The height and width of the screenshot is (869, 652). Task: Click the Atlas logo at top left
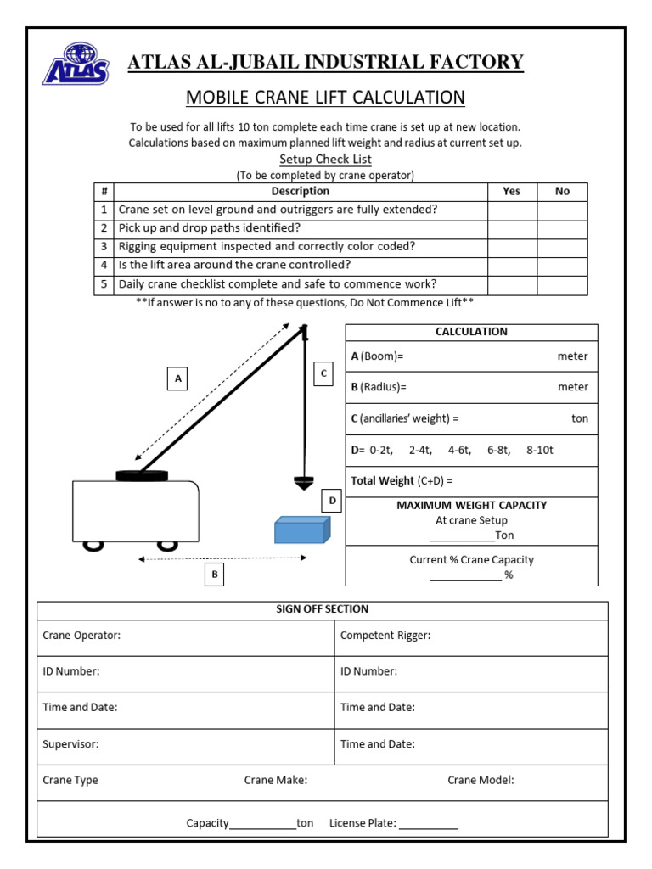[x=76, y=64]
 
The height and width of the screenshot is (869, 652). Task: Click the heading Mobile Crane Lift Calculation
[x=325, y=97]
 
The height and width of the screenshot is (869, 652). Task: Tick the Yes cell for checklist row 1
[x=511, y=210]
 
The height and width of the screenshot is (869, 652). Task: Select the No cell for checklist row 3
[x=562, y=247]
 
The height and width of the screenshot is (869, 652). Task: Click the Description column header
[x=301, y=192]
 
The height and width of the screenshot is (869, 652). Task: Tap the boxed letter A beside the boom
[x=177, y=378]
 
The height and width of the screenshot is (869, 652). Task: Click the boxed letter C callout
[x=323, y=373]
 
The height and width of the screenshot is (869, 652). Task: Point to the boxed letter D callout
[x=332, y=501]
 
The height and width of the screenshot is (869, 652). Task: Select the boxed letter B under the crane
[x=215, y=575]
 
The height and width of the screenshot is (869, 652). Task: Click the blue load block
[x=301, y=530]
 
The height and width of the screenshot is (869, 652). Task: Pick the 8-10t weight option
[x=539, y=450]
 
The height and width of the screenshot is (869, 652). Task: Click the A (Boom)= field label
[x=378, y=356]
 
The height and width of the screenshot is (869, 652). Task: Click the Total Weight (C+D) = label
[x=402, y=480]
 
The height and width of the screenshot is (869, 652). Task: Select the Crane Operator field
[x=81, y=636]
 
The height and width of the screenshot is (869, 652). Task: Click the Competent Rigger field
[x=385, y=636]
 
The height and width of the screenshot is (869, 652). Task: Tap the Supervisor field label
[x=70, y=744]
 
